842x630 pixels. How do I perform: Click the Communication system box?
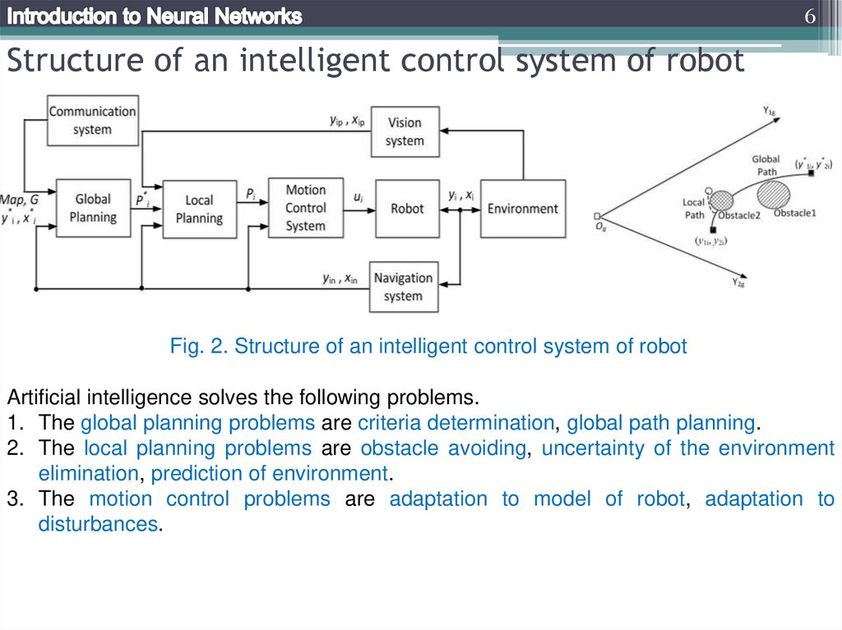92,121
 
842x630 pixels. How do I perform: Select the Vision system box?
405,131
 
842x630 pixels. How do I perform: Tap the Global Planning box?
93,208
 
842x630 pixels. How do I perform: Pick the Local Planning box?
199,209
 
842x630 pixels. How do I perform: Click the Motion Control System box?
306,208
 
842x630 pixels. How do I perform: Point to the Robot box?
407,209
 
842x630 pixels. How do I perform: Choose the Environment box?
522,209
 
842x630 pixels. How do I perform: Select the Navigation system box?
403,287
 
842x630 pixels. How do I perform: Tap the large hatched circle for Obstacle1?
773,195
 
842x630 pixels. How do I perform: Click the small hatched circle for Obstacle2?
721,200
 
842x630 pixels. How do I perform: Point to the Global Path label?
766,165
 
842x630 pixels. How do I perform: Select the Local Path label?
695,209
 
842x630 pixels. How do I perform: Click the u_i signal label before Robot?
358,197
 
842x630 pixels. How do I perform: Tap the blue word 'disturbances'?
97,523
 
